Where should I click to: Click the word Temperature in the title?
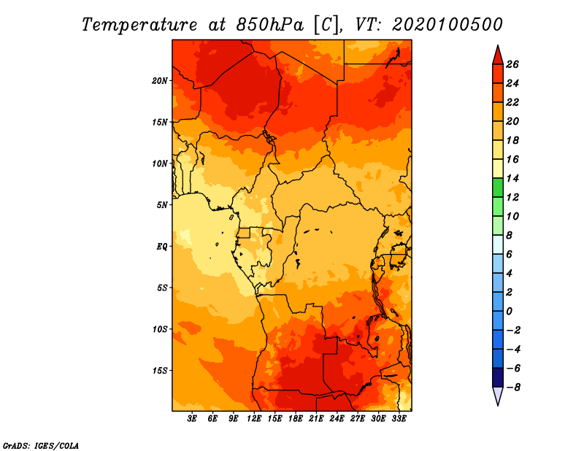[139, 25]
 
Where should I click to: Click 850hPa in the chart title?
[270, 25]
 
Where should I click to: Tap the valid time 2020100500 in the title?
[447, 25]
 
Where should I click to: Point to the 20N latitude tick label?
[160, 81]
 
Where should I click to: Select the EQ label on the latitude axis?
[162, 247]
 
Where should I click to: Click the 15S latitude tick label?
[160, 371]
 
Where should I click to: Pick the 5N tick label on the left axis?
[162, 205]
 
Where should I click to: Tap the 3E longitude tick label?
[192, 419]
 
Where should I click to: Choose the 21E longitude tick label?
[316, 419]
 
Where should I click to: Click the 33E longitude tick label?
[399, 419]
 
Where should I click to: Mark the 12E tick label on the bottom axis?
[254, 419]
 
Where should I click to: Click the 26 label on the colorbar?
[512, 64]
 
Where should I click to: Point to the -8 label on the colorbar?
[513, 388]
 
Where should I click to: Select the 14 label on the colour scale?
[512, 178]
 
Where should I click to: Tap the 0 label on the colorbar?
[509, 312]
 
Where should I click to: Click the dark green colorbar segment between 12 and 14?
[498, 188]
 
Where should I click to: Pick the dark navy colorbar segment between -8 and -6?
[498, 377]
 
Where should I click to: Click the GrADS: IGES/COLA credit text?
[41, 446]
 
